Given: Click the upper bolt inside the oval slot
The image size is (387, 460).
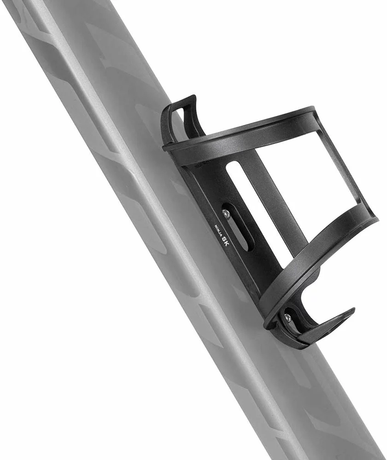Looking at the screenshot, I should click(x=226, y=213).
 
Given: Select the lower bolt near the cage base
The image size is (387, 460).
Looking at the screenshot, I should click(x=287, y=317).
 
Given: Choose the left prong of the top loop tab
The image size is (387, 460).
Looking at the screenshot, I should click(x=167, y=122).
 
